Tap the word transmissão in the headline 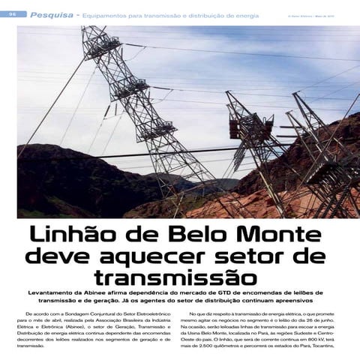pyautogui.click(x=180, y=278)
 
